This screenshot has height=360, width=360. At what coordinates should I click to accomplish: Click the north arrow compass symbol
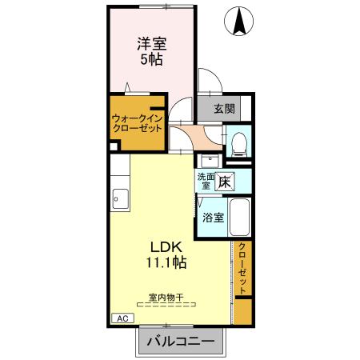tap(239, 22)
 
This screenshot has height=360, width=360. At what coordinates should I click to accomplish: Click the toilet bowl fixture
tap(237, 142)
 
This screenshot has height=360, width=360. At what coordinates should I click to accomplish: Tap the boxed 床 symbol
tap(226, 181)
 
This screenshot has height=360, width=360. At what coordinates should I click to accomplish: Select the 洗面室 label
tap(205, 181)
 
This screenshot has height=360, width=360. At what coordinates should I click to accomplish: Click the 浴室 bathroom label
tap(212, 217)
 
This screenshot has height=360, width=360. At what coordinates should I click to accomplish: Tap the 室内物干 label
tap(166, 297)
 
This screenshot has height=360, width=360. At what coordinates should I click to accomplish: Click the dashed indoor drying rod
tap(166, 305)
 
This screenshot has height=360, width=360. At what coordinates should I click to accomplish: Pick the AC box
tap(122, 318)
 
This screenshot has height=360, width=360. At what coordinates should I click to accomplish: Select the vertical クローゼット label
tap(242, 268)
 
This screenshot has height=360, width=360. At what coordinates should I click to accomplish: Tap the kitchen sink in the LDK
tap(119, 196)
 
